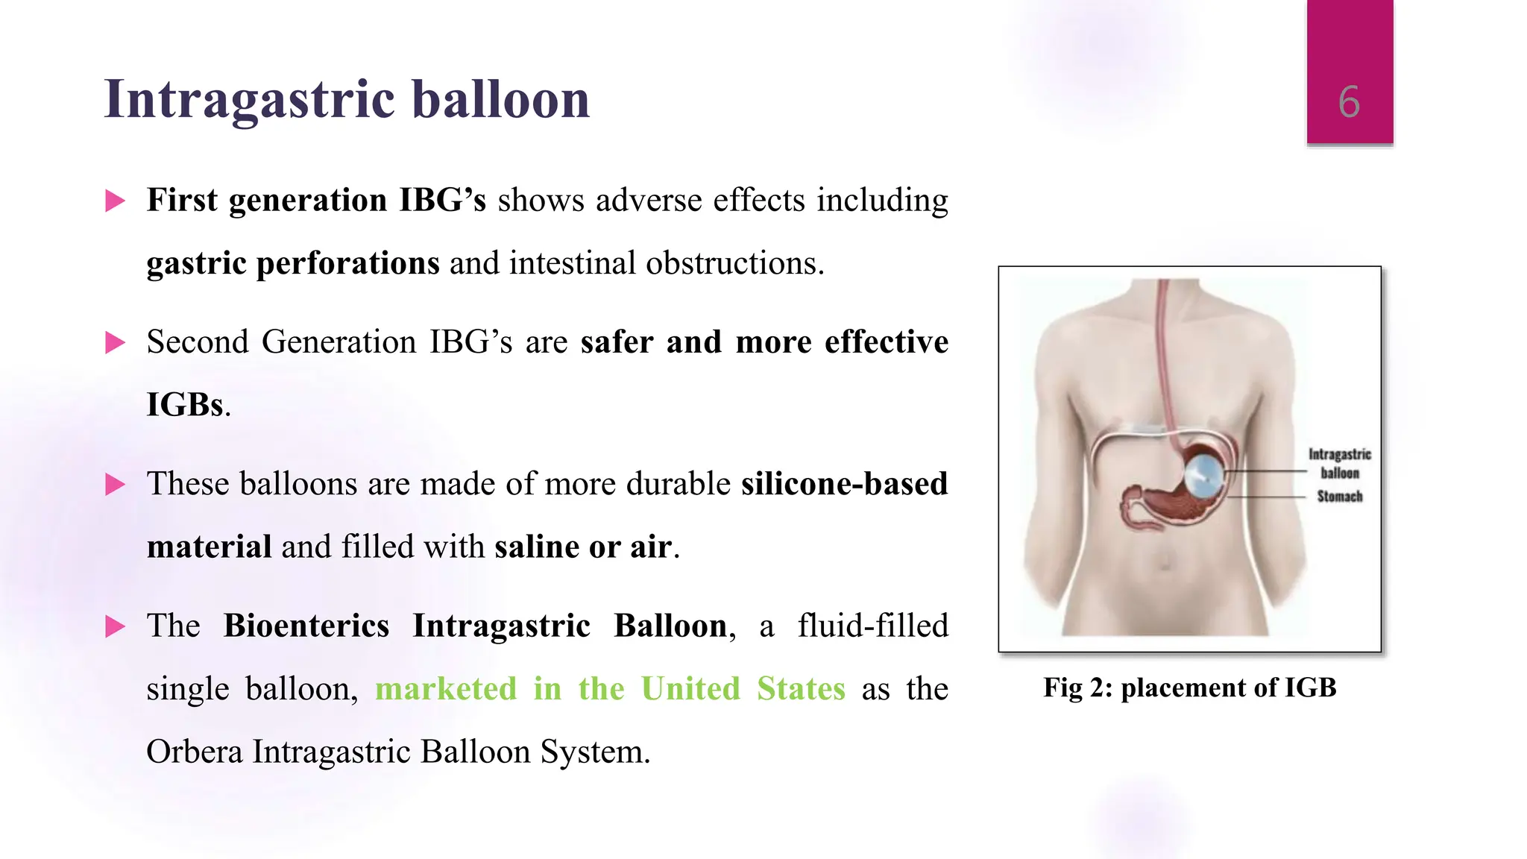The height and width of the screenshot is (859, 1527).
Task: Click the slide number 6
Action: click(x=1349, y=102)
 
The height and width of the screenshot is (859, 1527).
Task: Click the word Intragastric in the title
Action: click(x=250, y=99)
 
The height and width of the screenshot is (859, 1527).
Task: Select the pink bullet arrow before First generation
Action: click(x=115, y=201)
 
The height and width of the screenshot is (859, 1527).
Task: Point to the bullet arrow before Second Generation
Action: click(x=115, y=342)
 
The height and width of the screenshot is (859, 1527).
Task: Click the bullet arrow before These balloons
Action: click(x=115, y=484)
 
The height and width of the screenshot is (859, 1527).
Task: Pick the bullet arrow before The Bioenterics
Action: click(x=115, y=626)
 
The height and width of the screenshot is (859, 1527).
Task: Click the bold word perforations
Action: click(x=347, y=263)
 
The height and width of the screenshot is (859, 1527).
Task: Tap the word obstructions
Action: click(x=734, y=263)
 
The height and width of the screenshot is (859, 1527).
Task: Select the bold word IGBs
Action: click(x=185, y=405)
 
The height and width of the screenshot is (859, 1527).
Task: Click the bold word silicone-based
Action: click(x=844, y=484)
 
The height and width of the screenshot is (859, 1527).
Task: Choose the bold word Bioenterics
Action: click(x=306, y=626)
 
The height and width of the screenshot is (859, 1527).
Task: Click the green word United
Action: click(x=690, y=688)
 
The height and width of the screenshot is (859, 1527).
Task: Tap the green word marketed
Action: click(x=446, y=688)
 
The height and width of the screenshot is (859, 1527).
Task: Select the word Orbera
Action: click(x=195, y=752)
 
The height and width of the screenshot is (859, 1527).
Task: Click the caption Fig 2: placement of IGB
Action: click(x=1189, y=687)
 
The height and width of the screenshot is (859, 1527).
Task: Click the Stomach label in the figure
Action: click(x=1339, y=497)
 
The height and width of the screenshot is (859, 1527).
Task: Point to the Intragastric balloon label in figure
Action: click(x=1339, y=463)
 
